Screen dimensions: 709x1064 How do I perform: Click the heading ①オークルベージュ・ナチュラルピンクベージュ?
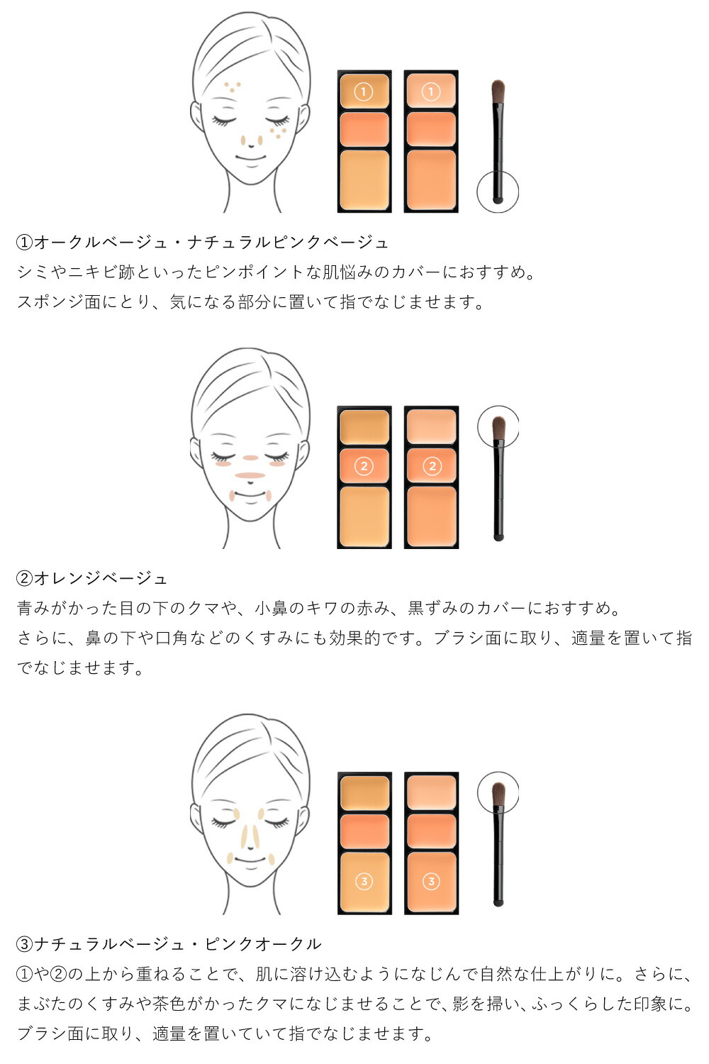(x=203, y=243)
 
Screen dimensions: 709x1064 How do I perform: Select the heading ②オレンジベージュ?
(x=91, y=578)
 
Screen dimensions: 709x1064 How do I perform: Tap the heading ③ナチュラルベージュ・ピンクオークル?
(x=169, y=944)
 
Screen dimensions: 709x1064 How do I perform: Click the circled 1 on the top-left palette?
(x=364, y=92)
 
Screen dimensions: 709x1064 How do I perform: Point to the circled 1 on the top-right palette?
(x=431, y=92)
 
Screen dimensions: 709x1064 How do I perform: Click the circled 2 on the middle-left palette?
(x=364, y=467)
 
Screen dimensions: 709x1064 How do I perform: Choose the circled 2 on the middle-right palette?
(x=432, y=467)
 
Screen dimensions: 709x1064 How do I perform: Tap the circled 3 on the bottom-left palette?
(x=364, y=882)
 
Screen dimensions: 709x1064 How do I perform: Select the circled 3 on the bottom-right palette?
(x=431, y=882)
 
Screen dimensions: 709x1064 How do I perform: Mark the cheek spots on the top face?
(x=278, y=131)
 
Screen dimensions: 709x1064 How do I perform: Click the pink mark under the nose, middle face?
(x=250, y=475)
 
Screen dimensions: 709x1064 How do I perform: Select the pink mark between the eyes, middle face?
(x=250, y=458)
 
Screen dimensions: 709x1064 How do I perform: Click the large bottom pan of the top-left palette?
(x=364, y=180)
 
